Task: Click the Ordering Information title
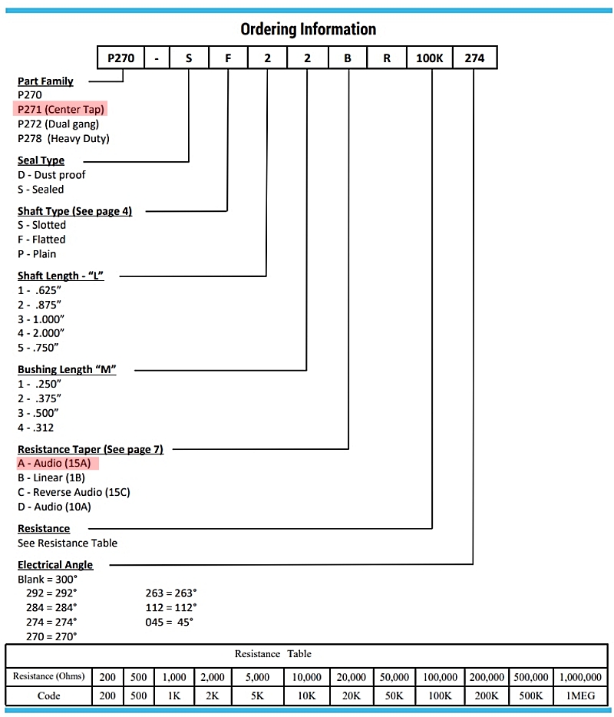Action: pos(308,29)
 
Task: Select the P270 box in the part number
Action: pos(121,58)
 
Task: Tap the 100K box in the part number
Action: pos(429,58)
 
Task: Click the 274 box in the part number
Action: pos(474,58)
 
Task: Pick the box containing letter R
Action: pos(387,58)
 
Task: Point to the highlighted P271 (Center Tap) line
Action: pos(61,109)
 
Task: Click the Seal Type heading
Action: pos(41,160)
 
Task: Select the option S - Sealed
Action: pos(41,190)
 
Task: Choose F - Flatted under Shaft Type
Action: pos(41,240)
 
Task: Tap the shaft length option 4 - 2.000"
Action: pos(41,333)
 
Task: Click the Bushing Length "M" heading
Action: pos(67,369)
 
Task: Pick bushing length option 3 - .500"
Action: pos(38,413)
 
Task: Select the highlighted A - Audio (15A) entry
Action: pos(58,463)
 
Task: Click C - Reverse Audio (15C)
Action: pos(74,493)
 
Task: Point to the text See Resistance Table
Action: pos(68,544)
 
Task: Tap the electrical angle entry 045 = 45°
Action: pos(170,623)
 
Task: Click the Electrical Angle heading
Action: pos(55,565)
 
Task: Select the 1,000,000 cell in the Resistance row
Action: pos(581,677)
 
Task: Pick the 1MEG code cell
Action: pos(581,696)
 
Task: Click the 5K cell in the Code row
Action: pos(257,696)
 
